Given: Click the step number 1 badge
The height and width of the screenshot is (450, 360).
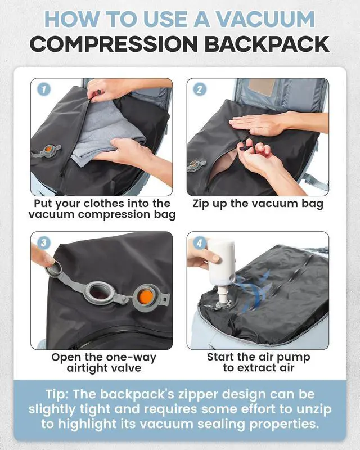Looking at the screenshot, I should click(44, 89).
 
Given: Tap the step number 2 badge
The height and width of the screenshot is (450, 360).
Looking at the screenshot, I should click(200, 89).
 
